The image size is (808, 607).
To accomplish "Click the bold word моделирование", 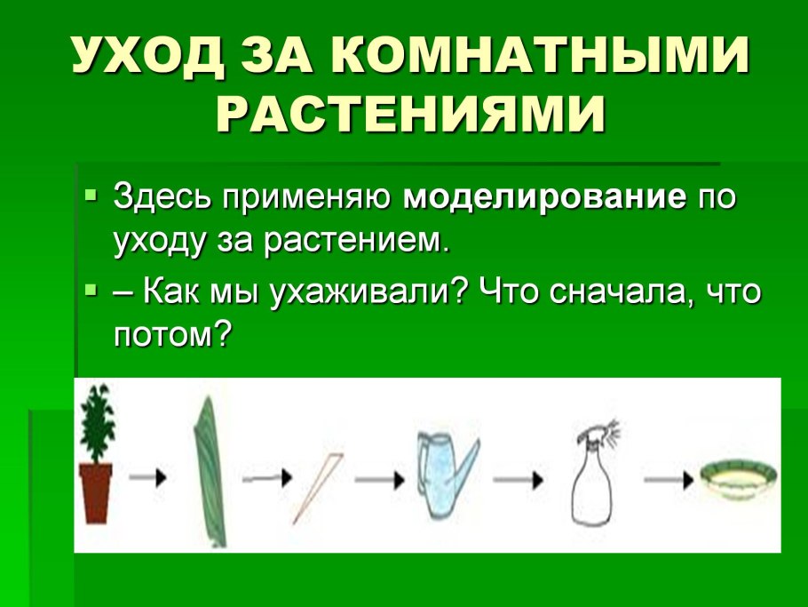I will pyautogui.click(x=545, y=196).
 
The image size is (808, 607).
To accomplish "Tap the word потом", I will pyautogui.click(x=164, y=333).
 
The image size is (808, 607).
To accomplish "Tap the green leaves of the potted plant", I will pyautogui.click(x=95, y=422).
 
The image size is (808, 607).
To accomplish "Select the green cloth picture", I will pyautogui.click(x=210, y=471).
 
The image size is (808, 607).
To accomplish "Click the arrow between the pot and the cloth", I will pyautogui.click(x=147, y=477).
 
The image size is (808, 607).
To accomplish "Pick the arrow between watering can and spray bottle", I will pyautogui.click(x=519, y=478).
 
